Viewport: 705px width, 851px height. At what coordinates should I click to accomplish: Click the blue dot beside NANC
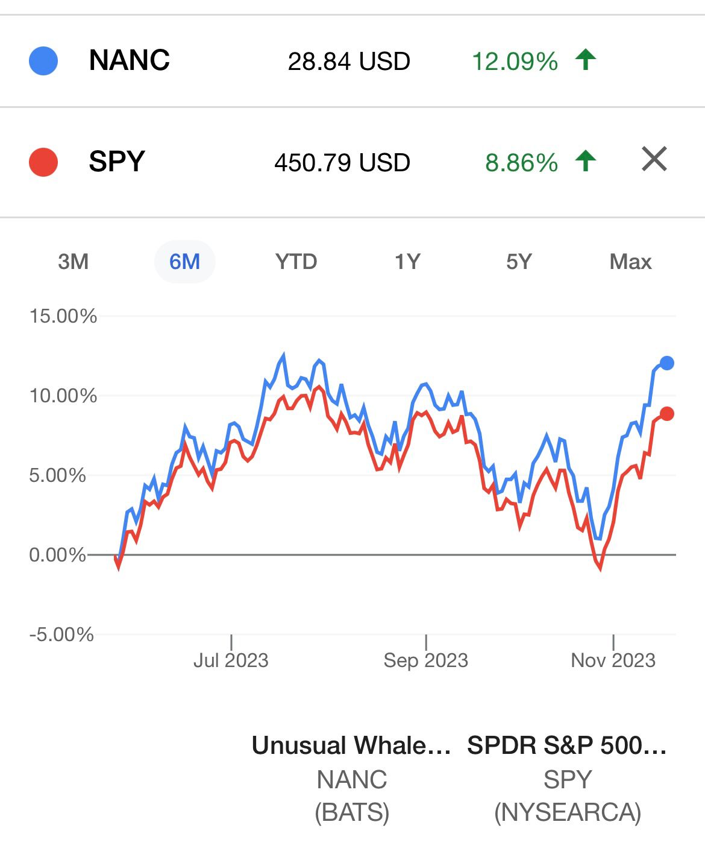pyautogui.click(x=43, y=61)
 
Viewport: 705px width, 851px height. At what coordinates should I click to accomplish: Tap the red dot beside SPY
pyautogui.click(x=43, y=162)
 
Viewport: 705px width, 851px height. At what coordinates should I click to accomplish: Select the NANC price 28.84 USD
pyautogui.click(x=349, y=62)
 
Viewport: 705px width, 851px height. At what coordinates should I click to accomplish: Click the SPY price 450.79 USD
pyautogui.click(x=342, y=163)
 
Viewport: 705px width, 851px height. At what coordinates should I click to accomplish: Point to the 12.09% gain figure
pyautogui.click(x=515, y=62)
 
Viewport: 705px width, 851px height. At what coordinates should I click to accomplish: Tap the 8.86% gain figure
pyautogui.click(x=522, y=163)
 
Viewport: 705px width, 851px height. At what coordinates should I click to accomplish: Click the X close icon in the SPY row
pyautogui.click(x=654, y=159)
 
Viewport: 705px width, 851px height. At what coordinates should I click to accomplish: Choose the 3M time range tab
pyautogui.click(x=74, y=262)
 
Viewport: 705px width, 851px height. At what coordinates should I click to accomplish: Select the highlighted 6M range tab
pyautogui.click(x=184, y=262)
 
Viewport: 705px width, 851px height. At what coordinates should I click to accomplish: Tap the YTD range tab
pyautogui.click(x=296, y=262)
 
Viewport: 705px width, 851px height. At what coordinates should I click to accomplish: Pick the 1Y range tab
pyautogui.click(x=407, y=262)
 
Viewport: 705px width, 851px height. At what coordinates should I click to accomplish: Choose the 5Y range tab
pyautogui.click(x=519, y=262)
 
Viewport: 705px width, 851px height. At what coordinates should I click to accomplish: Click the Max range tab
pyautogui.click(x=630, y=262)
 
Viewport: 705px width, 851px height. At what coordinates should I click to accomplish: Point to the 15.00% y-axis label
pyautogui.click(x=63, y=316)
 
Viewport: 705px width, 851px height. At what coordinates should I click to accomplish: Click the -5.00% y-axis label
pyautogui.click(x=61, y=634)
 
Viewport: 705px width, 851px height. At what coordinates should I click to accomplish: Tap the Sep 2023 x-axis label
pyautogui.click(x=426, y=660)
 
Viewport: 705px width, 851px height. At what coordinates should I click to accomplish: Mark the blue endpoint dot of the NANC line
pyautogui.click(x=666, y=363)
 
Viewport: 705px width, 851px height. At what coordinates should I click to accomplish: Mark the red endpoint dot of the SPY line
pyautogui.click(x=666, y=414)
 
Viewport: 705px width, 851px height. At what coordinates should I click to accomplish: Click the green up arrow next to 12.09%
pyautogui.click(x=585, y=60)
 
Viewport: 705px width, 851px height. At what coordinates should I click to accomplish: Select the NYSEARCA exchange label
pyautogui.click(x=568, y=812)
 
